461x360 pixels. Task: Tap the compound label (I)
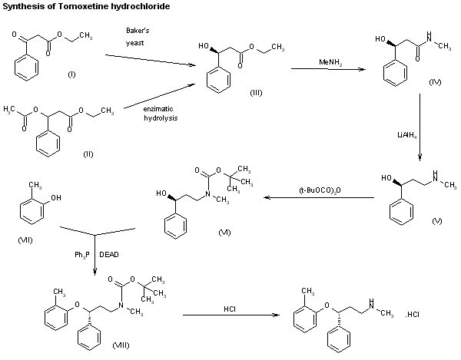coord(71,75)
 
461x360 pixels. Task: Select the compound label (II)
coord(88,154)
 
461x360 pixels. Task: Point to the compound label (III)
coord(256,92)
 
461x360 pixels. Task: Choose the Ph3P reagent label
coord(78,251)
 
